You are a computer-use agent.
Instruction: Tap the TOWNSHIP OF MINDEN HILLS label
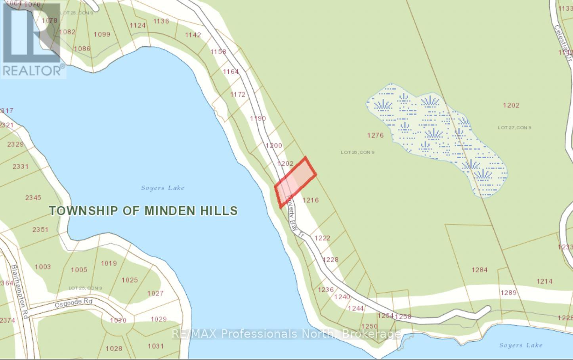143,211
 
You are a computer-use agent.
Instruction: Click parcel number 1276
375,136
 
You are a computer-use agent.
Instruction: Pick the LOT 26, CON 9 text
357,152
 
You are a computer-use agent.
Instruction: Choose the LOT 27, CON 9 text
514,128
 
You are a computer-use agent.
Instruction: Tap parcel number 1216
310,200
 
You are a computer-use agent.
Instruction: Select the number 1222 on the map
322,238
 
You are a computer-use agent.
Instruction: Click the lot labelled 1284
479,270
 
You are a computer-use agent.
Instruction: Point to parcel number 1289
508,293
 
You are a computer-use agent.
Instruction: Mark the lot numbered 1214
544,281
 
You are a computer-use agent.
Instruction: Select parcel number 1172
238,94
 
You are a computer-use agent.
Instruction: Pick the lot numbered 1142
193,35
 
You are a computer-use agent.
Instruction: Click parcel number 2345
33,197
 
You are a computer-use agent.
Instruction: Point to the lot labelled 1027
155,293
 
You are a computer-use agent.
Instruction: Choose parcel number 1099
102,34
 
